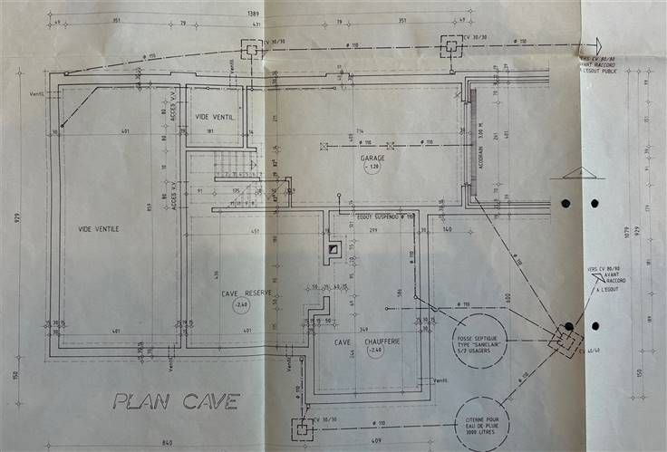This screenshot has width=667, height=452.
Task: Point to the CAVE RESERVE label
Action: click(246, 293)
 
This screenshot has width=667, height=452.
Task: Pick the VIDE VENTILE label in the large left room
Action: click(99, 229)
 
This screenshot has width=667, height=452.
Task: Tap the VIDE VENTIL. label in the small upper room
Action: click(215, 118)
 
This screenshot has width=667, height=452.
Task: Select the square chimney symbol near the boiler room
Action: click(333, 247)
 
